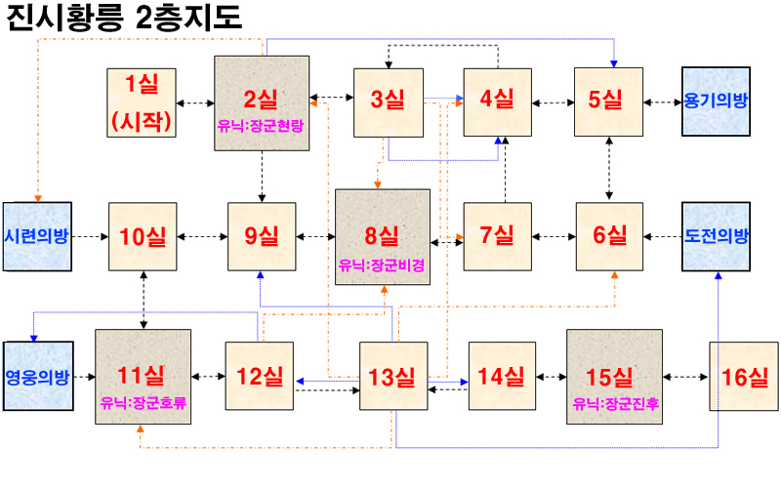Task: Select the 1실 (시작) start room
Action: tap(143, 102)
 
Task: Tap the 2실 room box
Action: tap(262, 102)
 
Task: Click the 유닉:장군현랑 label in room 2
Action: tap(262, 125)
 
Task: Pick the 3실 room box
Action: tap(388, 101)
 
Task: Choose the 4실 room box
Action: tap(498, 101)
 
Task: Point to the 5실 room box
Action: tap(607, 101)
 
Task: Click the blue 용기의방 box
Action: tap(717, 101)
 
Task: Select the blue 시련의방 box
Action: tap(38, 236)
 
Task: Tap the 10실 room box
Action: tap(143, 236)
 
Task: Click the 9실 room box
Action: tap(262, 236)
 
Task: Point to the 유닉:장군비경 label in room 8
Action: tap(381, 263)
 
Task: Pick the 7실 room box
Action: tap(497, 236)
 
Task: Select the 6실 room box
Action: tap(610, 236)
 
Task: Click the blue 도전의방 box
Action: tap(717, 236)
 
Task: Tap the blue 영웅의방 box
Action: tap(38, 376)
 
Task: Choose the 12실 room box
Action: tap(260, 376)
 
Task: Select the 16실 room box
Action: tap(743, 376)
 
